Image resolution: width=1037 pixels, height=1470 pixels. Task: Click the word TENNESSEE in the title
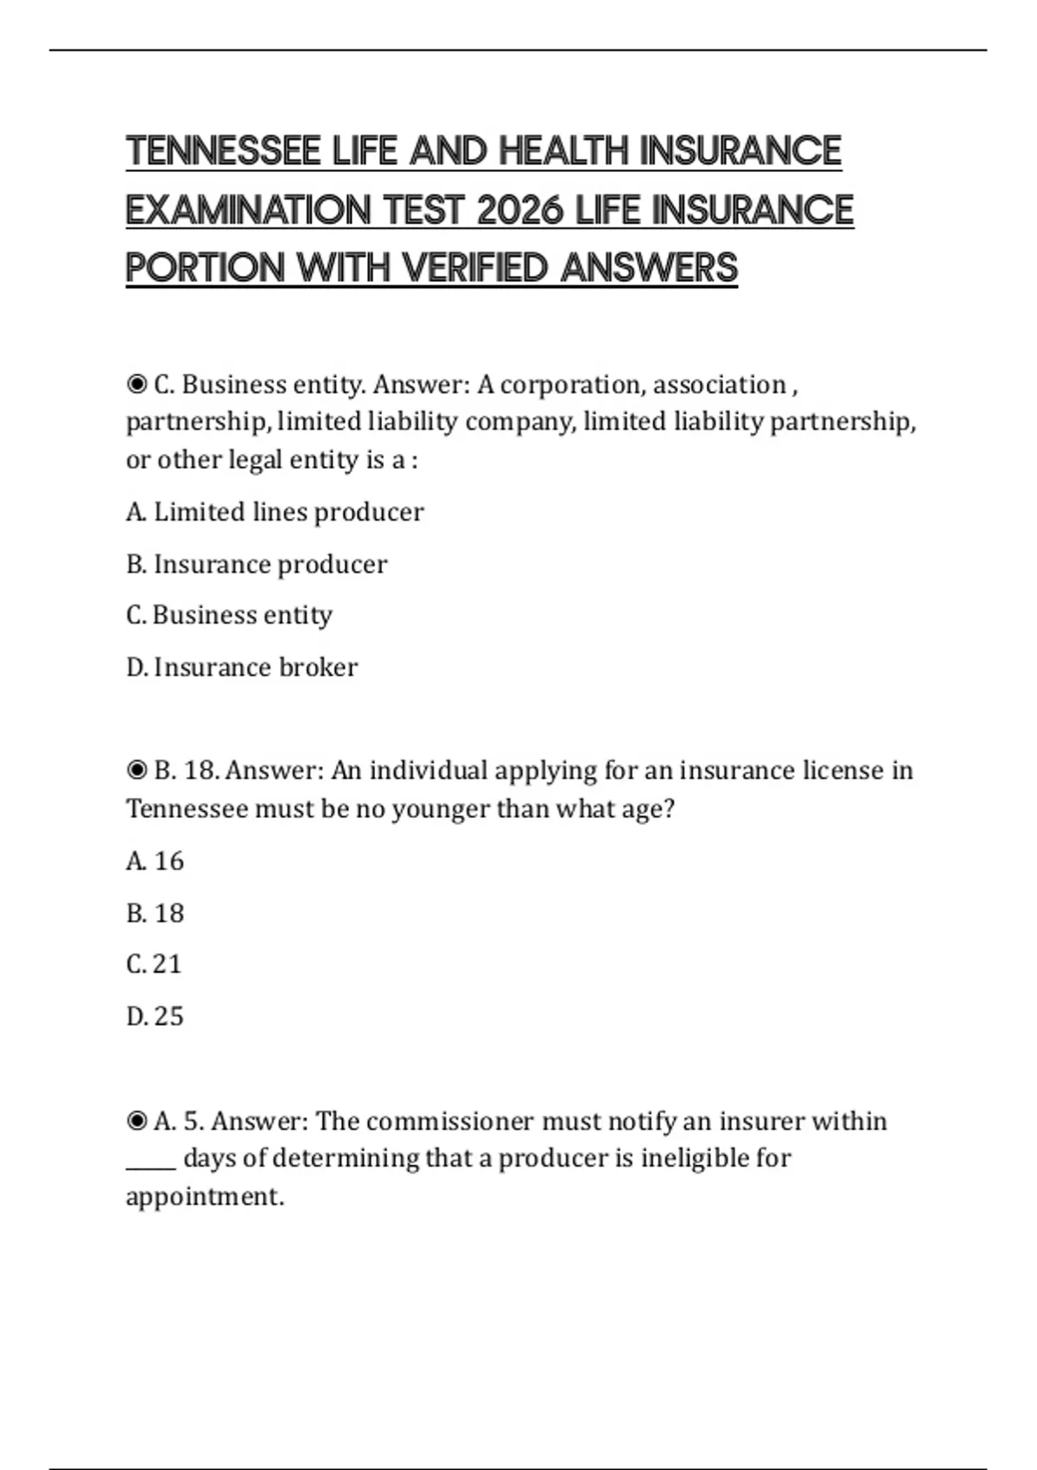click(223, 151)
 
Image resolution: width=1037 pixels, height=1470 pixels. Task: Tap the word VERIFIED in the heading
click(475, 268)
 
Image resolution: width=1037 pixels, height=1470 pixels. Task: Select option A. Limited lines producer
click(275, 512)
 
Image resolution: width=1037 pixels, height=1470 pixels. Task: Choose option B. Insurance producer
click(257, 564)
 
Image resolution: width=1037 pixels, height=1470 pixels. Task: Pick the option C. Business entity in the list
click(229, 615)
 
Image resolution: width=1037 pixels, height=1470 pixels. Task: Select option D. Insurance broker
click(242, 667)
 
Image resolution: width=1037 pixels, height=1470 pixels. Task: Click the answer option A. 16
click(155, 860)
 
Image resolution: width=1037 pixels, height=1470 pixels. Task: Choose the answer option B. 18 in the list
click(155, 913)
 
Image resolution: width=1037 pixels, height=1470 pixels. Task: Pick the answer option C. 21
click(154, 964)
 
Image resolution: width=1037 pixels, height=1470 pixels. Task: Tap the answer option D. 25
click(155, 1016)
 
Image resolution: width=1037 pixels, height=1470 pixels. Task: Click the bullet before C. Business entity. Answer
click(137, 384)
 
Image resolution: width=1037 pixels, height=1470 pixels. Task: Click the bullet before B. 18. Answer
click(137, 770)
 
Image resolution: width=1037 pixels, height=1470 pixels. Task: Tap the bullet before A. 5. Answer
click(137, 1121)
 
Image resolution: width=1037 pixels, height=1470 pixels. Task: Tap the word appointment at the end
click(204, 1197)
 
